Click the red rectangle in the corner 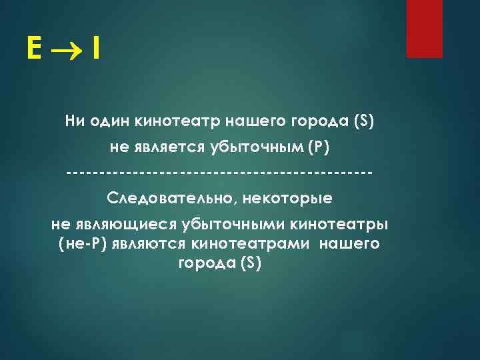[425, 29]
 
